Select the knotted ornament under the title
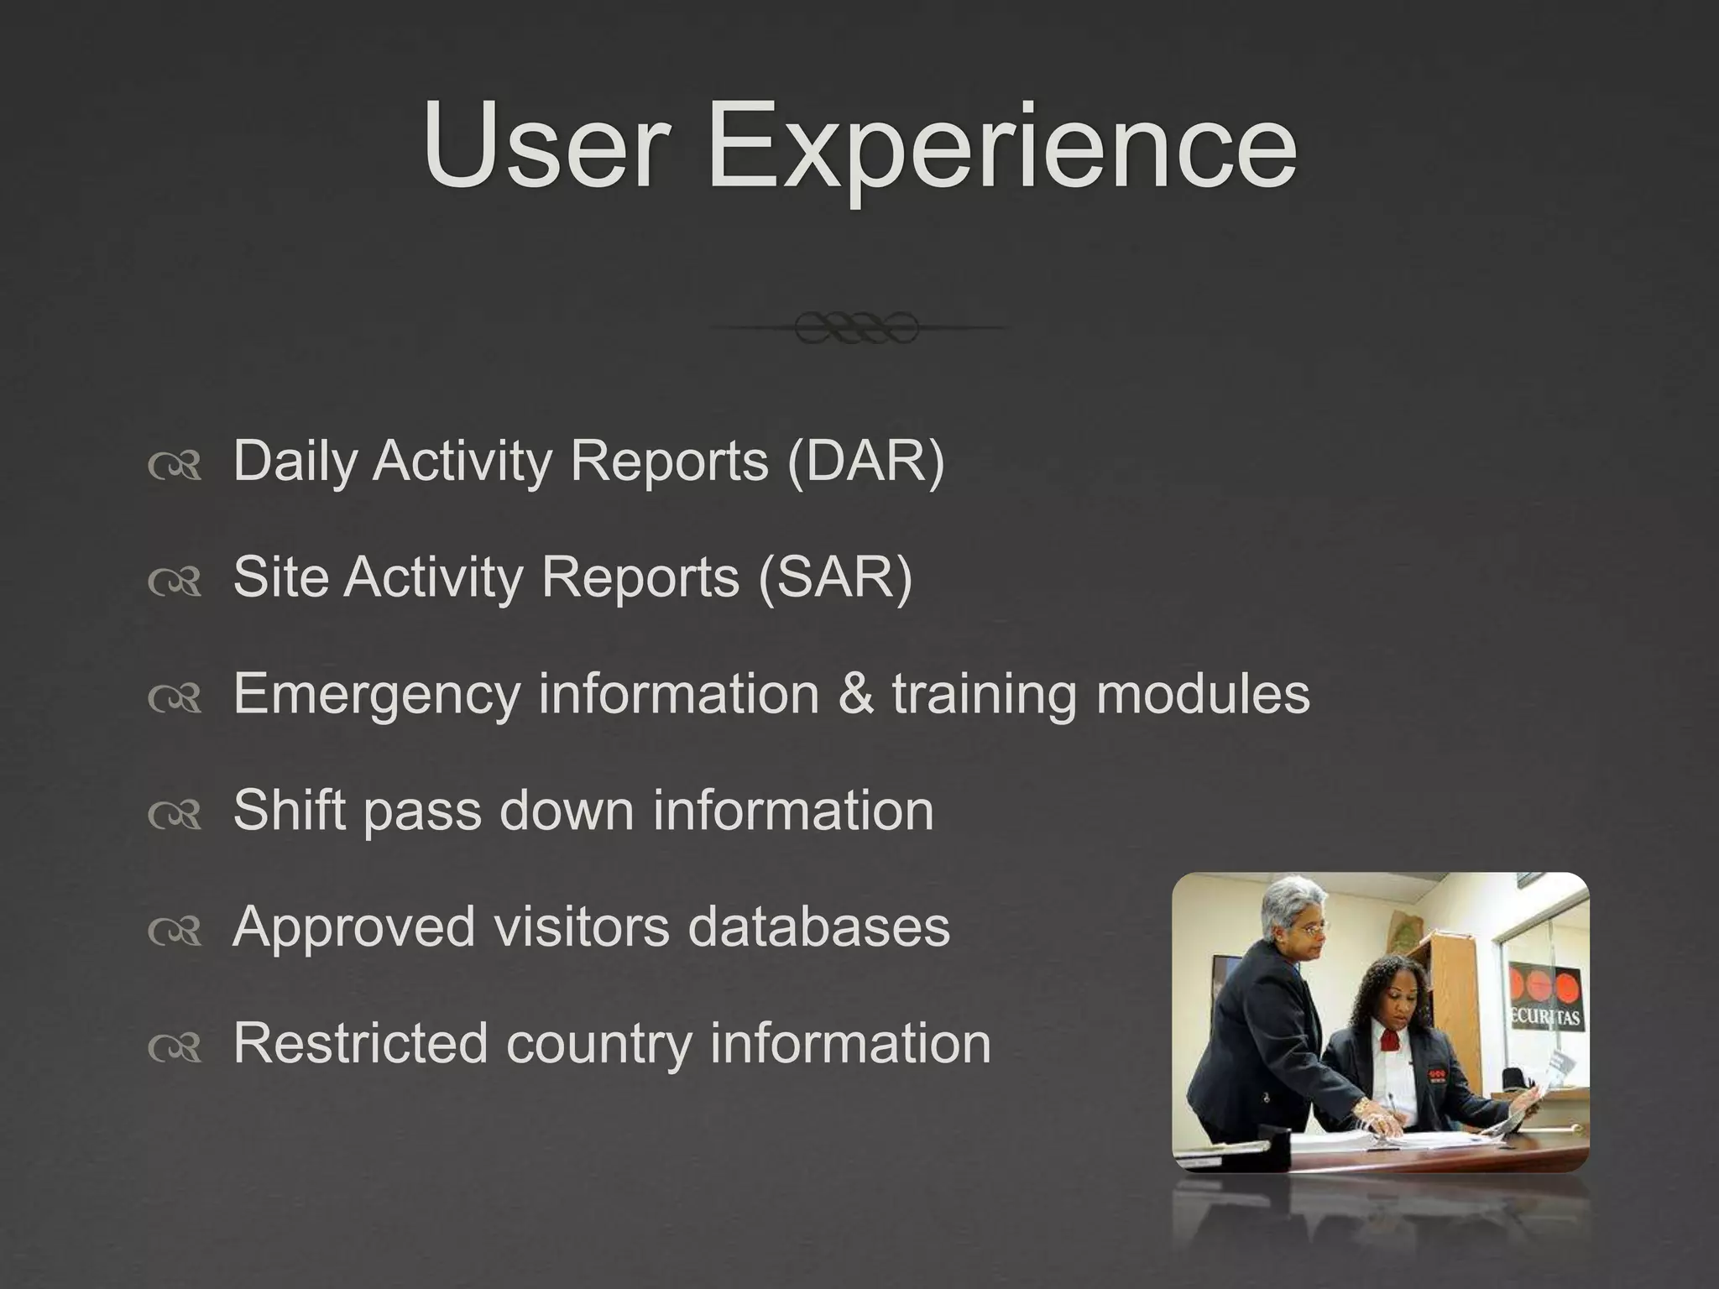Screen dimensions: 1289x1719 [856, 327]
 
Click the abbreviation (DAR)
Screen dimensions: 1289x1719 [865, 461]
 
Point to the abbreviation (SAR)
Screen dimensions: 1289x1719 [834, 577]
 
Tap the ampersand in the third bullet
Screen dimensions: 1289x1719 [854, 694]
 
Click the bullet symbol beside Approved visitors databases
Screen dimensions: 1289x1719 [175, 930]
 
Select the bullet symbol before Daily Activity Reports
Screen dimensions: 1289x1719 [175, 464]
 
